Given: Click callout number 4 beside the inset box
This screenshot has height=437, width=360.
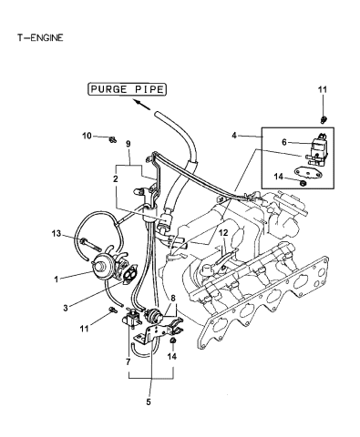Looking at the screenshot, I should click(x=236, y=137).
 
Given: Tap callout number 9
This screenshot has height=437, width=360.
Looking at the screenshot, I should click(x=127, y=144).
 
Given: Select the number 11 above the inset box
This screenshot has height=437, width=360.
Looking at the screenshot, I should click(x=321, y=90).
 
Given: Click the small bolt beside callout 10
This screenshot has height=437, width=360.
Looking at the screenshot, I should click(x=111, y=138).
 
